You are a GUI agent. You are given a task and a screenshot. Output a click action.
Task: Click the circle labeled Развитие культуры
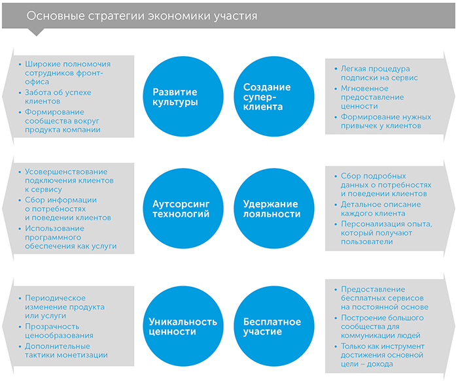(x=183, y=96)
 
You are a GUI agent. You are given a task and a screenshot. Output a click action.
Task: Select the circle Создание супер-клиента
(x=274, y=96)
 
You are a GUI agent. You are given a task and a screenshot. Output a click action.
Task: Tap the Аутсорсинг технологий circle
(x=183, y=208)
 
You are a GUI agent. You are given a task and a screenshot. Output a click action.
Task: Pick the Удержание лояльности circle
(x=274, y=208)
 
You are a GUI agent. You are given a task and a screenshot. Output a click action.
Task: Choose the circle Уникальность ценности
(x=183, y=326)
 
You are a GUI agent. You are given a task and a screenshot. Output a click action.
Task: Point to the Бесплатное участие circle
(x=274, y=326)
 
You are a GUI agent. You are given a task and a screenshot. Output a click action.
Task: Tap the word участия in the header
(x=236, y=16)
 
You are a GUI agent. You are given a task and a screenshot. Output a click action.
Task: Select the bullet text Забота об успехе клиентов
(x=58, y=97)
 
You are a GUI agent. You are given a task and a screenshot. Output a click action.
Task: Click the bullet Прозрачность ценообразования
(x=59, y=331)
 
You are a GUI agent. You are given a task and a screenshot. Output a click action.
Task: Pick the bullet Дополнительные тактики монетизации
(x=66, y=350)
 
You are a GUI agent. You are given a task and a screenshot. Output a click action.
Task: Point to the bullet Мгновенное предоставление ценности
(x=372, y=97)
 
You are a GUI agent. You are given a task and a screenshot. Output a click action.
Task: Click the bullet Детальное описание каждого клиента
(x=381, y=208)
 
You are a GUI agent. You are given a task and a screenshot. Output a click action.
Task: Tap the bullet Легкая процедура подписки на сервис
(x=379, y=73)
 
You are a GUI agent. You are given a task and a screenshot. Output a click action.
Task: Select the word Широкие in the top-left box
(x=43, y=64)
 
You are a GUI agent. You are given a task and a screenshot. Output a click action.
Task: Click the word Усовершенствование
(x=66, y=172)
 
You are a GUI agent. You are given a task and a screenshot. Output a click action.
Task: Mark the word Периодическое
(x=55, y=298)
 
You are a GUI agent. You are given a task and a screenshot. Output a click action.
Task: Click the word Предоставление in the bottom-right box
(x=373, y=290)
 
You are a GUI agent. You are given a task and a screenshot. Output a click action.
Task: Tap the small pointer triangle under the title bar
(x=36, y=32)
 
